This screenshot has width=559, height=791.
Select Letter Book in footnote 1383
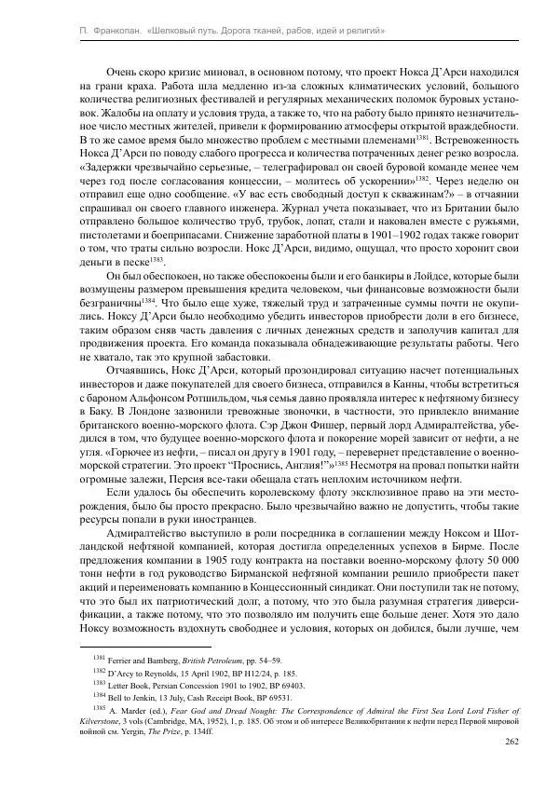[x=111, y=685]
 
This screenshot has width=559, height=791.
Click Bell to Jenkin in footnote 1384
[x=116, y=697]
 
